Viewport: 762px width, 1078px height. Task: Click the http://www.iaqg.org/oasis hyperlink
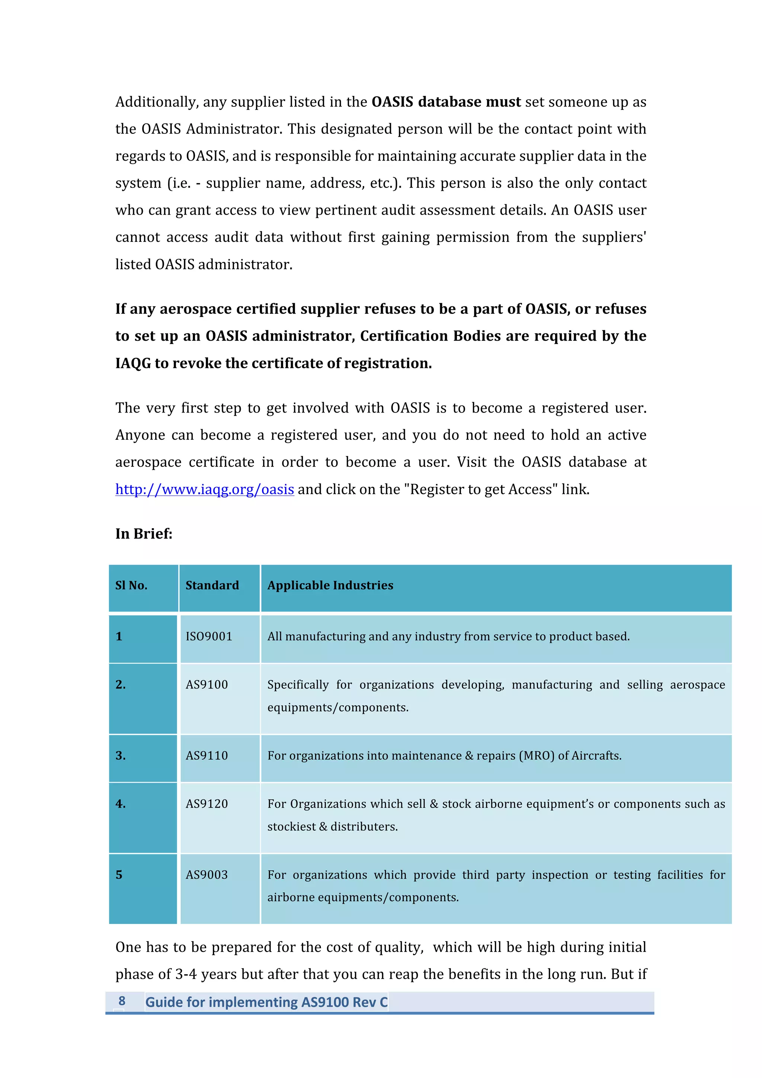tap(205, 489)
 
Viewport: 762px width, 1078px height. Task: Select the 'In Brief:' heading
tap(144, 534)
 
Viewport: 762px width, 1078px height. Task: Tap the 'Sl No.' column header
tap(131, 585)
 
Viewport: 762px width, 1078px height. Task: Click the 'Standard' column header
tap(212, 585)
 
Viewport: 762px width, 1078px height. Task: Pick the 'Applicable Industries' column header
tap(330, 585)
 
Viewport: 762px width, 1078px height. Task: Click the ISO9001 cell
tap(209, 637)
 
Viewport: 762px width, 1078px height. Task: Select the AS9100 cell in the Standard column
tap(206, 685)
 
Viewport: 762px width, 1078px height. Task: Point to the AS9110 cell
tap(206, 756)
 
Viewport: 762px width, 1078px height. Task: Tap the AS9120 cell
tap(206, 804)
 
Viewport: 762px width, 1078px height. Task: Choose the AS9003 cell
tap(206, 875)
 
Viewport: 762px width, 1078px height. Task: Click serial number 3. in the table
tap(121, 756)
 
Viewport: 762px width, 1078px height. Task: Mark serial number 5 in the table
tap(119, 875)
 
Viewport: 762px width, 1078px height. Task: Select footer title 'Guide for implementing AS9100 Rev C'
tap(266, 1002)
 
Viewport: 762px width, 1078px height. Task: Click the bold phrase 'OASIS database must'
tap(446, 102)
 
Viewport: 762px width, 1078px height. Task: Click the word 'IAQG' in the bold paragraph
tap(133, 363)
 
